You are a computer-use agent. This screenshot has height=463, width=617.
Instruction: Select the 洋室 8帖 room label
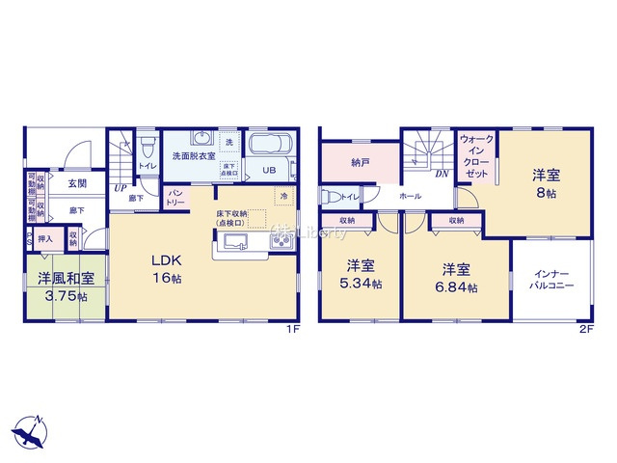coord(545,184)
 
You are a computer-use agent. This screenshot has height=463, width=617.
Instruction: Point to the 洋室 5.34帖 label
coord(359,275)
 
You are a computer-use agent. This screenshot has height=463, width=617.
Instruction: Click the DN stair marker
coord(441,175)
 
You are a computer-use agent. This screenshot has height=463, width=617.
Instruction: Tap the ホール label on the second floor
coord(410,195)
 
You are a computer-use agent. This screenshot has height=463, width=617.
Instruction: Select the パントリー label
coord(175,198)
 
